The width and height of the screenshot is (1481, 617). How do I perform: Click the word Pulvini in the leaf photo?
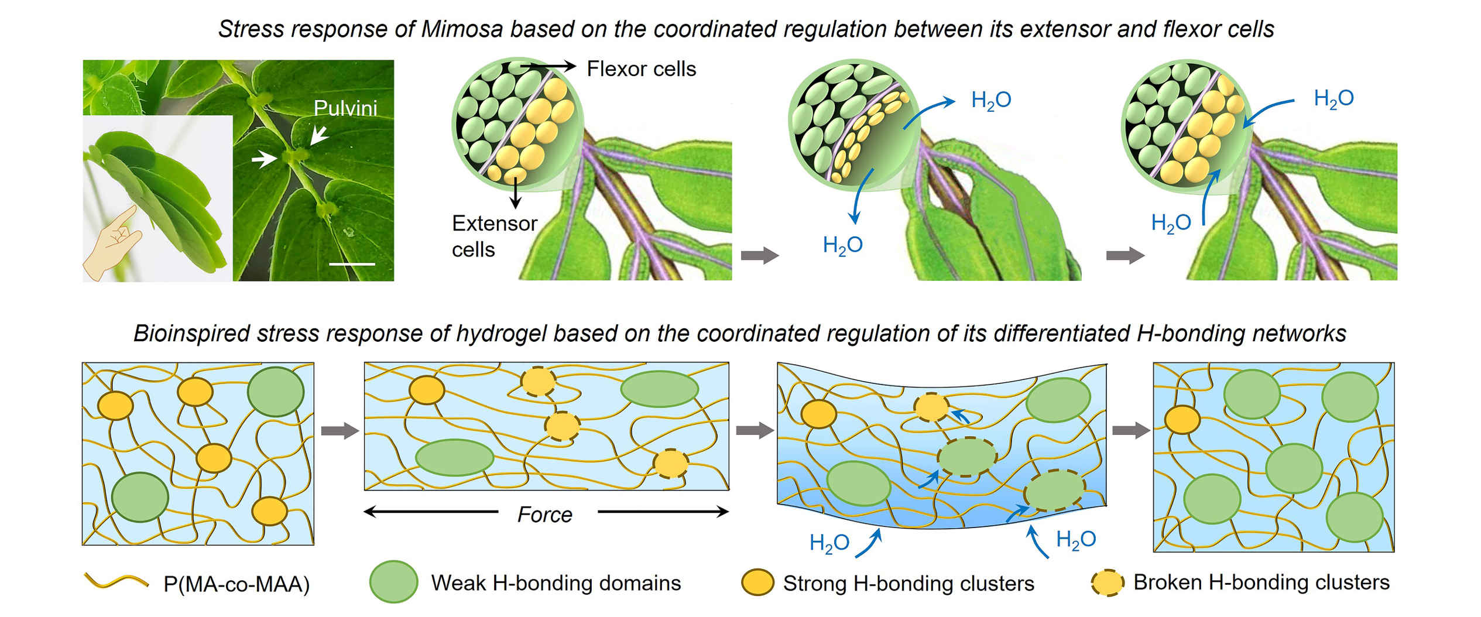click(345, 108)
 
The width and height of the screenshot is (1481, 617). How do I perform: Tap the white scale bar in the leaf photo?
click(352, 265)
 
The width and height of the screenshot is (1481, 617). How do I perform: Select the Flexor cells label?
click(641, 69)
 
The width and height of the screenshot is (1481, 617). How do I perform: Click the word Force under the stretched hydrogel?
click(544, 515)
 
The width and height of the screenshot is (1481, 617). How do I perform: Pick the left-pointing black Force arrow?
click(431, 512)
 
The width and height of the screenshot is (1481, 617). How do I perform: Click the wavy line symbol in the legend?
click(116, 581)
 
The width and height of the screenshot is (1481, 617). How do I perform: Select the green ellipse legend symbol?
click(393, 582)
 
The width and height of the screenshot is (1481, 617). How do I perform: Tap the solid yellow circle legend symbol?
click(757, 582)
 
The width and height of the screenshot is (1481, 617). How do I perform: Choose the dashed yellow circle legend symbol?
click(1108, 582)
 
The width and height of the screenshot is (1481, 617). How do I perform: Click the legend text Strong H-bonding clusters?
click(909, 583)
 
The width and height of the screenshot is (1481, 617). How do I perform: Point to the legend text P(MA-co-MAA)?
click(236, 584)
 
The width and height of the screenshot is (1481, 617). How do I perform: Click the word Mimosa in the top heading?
click(462, 29)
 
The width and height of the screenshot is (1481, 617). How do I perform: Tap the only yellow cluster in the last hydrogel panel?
click(1182, 420)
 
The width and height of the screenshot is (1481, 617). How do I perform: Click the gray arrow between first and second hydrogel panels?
click(340, 431)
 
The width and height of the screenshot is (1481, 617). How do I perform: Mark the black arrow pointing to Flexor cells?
click(548, 67)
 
